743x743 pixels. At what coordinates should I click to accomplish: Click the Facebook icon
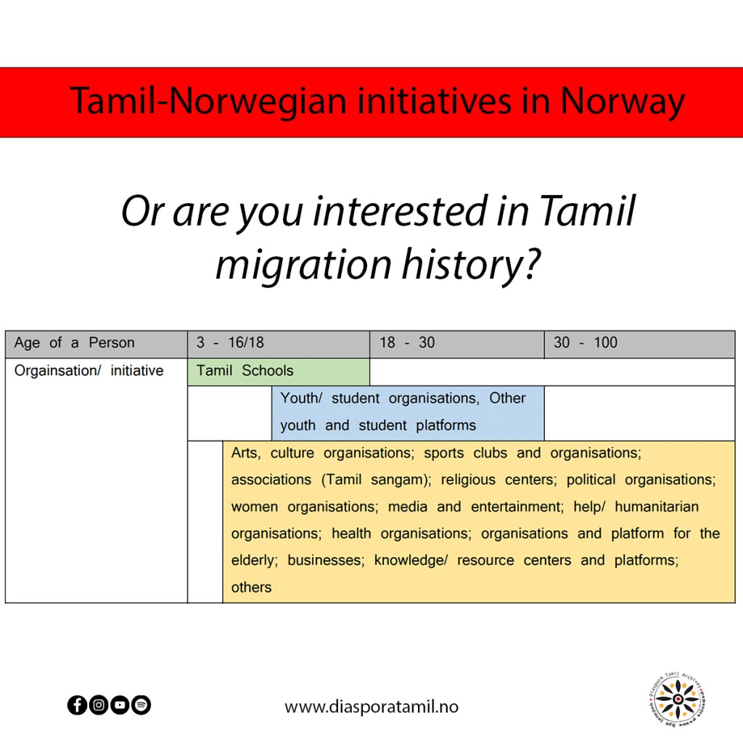[x=77, y=705]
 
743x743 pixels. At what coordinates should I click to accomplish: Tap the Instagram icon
[x=99, y=705]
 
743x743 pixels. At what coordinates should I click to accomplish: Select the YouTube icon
[x=120, y=705]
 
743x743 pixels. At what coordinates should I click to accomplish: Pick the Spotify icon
[x=141, y=705]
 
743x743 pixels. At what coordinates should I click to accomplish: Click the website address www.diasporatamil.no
[x=371, y=707]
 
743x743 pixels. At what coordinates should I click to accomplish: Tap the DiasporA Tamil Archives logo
[x=678, y=699]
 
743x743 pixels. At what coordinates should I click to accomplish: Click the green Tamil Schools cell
[x=279, y=371]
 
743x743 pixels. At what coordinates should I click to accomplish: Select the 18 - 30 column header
[x=457, y=344]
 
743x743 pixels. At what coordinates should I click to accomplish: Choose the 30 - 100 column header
[x=640, y=344]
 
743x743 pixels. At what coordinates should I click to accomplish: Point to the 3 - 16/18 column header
[x=279, y=344]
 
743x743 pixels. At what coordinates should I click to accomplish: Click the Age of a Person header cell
[x=97, y=344]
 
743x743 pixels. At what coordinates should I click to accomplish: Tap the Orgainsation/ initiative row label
[x=89, y=371]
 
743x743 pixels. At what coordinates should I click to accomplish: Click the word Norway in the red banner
[x=622, y=102]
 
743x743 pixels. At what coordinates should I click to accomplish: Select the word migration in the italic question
[x=303, y=264]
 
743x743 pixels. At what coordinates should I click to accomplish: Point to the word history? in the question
[x=471, y=264]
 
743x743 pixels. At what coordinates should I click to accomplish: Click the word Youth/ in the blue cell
[x=301, y=398]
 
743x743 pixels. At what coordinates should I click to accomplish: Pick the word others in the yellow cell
[x=251, y=588]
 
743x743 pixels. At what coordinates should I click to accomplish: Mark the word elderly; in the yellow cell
[x=255, y=561]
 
